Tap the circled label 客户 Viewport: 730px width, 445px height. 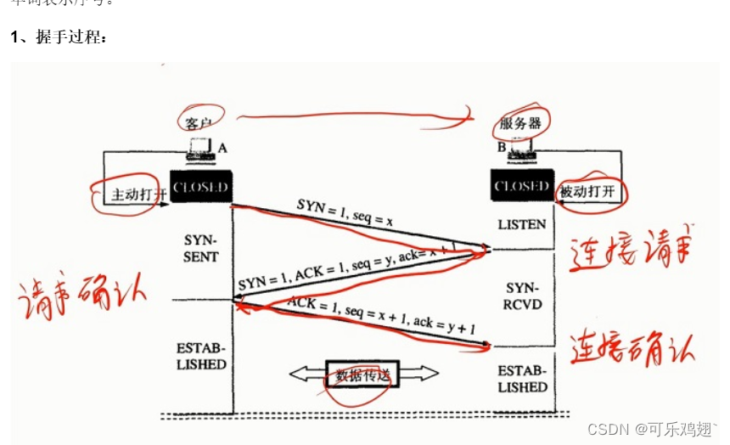(200, 120)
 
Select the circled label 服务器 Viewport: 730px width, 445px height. (520, 123)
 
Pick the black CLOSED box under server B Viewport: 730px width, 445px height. (521, 186)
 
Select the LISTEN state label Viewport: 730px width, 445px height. (522, 223)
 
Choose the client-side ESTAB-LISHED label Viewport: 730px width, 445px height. (201, 357)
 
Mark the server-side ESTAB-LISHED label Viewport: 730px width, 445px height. (522, 379)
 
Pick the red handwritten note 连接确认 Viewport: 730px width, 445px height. (632, 346)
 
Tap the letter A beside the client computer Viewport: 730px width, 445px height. (222, 148)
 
